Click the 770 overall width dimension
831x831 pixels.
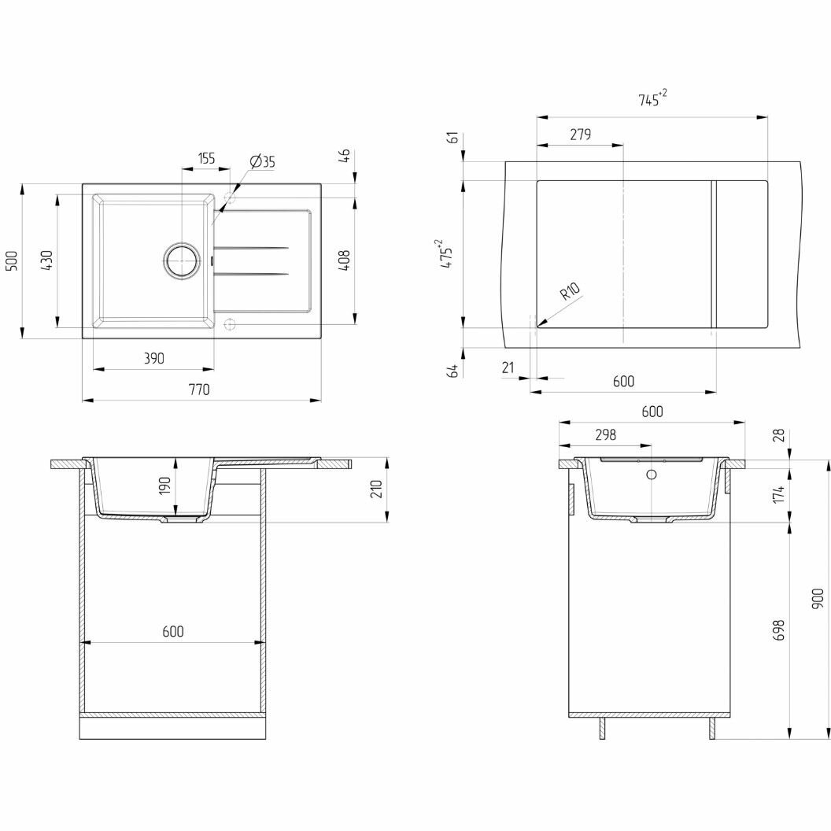(x=199, y=390)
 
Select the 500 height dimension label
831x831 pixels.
(x=12, y=261)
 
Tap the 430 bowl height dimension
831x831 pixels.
(x=46, y=260)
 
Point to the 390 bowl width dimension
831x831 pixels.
(x=153, y=358)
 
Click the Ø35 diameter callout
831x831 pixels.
(x=263, y=162)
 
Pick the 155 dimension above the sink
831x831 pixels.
(x=205, y=158)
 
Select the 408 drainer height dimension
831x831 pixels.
(x=344, y=261)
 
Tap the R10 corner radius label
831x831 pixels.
(x=570, y=292)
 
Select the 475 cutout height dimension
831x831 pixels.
(x=447, y=255)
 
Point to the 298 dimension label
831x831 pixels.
(x=604, y=434)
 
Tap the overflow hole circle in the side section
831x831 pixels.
(x=651, y=475)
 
